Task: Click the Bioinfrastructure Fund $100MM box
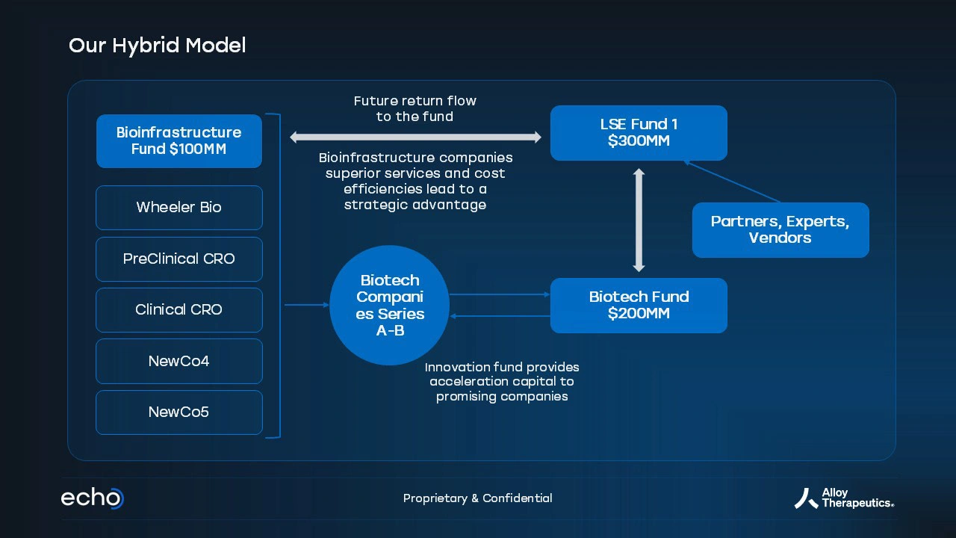pos(179,141)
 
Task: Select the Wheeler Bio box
pos(179,208)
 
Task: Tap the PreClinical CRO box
pos(179,259)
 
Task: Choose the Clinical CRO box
pos(179,310)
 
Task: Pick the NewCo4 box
pos(179,361)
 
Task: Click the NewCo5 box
pos(179,412)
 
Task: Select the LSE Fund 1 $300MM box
pos(639,133)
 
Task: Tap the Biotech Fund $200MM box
pos(639,306)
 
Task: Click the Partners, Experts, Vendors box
pos(780,229)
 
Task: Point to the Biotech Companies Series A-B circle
pos(390,305)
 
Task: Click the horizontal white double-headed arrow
pos(416,137)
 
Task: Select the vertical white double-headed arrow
pos(639,220)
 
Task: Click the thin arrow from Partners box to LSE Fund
pos(733,182)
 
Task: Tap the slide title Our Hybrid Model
pos(157,46)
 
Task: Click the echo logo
pos(92,498)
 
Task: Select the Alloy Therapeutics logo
pos(844,498)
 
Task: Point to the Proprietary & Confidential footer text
pos(477,498)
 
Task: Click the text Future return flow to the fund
pos(415,108)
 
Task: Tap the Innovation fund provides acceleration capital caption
pos(502,381)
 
